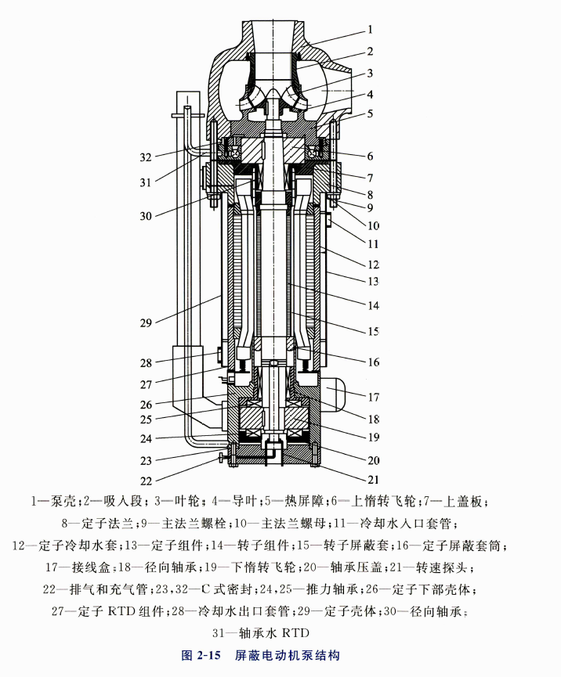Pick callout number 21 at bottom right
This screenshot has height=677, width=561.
pyautogui.click(x=373, y=479)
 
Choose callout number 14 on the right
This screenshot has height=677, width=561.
pyautogui.click(x=372, y=304)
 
